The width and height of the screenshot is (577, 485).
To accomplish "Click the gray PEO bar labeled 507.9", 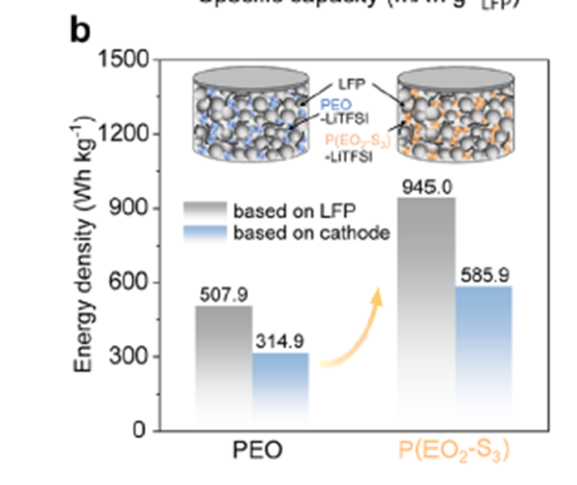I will coord(224,364).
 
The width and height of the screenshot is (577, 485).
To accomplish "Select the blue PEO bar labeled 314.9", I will coord(280,389).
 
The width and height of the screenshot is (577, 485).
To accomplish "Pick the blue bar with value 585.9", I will coord(484,356).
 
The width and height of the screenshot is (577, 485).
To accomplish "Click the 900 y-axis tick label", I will coord(128,209).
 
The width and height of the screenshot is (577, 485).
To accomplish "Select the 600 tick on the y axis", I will coord(128,283).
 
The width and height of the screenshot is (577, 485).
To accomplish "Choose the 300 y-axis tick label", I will coord(128,357).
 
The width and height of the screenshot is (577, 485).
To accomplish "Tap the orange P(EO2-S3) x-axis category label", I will coord(455,452).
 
